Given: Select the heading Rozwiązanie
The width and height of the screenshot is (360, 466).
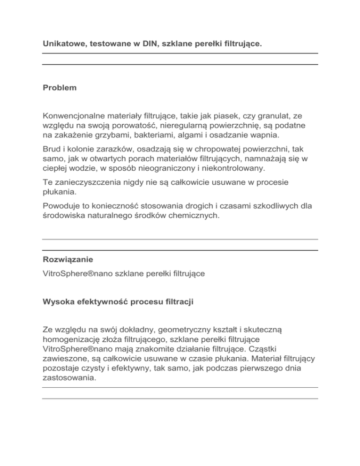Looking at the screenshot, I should click(66, 259).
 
